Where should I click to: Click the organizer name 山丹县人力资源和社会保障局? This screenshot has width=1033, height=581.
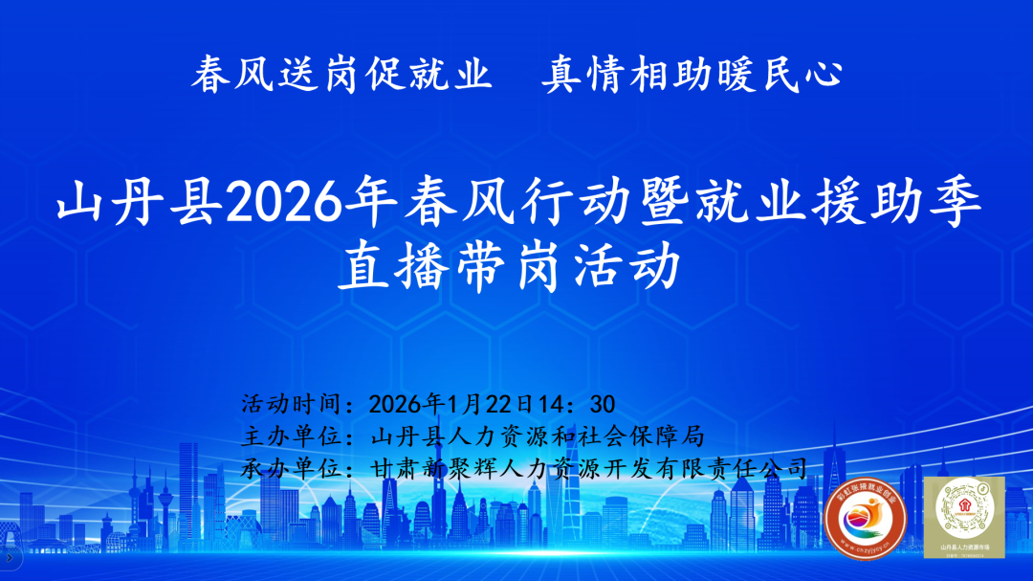[x=537, y=436]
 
